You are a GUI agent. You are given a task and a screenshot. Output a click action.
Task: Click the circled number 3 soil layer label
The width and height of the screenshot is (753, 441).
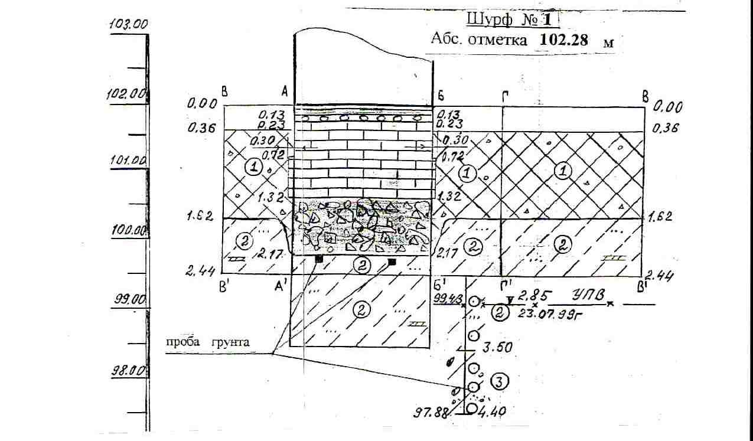(x=498, y=383)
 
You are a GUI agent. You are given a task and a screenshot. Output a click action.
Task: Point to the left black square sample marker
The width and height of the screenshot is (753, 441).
(x=319, y=259)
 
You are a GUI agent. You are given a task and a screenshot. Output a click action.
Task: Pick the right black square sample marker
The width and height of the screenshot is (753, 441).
(x=391, y=261)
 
